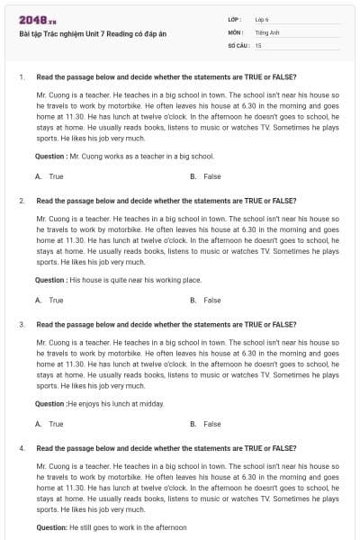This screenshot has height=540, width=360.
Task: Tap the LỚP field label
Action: (236, 19)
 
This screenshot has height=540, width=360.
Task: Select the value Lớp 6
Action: (263, 19)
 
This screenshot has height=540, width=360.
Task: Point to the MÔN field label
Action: (236, 31)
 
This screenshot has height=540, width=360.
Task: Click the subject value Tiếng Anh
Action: (266, 31)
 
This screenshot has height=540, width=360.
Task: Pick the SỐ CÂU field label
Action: (237, 44)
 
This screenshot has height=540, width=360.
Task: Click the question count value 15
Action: (258, 44)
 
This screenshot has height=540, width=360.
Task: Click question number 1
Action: (21, 76)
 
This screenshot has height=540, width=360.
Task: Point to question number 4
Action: (21, 447)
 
